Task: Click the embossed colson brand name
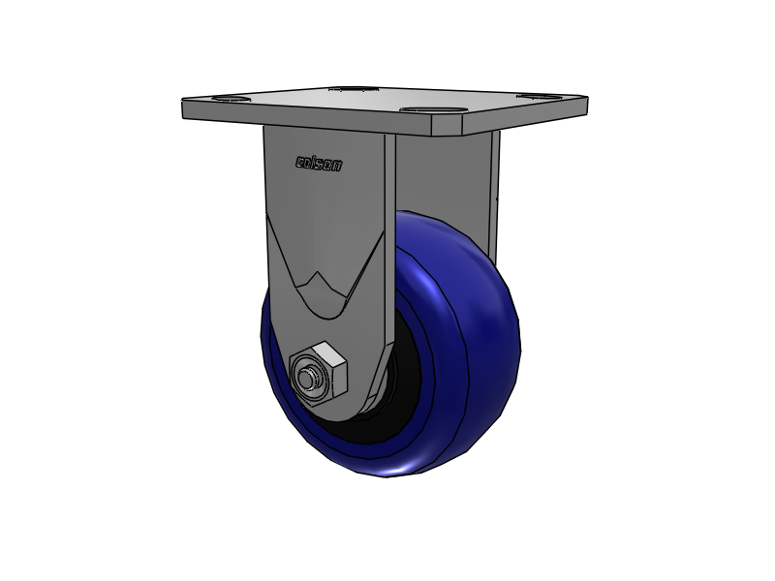[x=318, y=164]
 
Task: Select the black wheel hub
[x=387, y=407]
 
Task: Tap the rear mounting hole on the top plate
[x=355, y=89]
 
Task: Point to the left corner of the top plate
[x=184, y=107]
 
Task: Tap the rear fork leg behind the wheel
[x=494, y=194]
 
